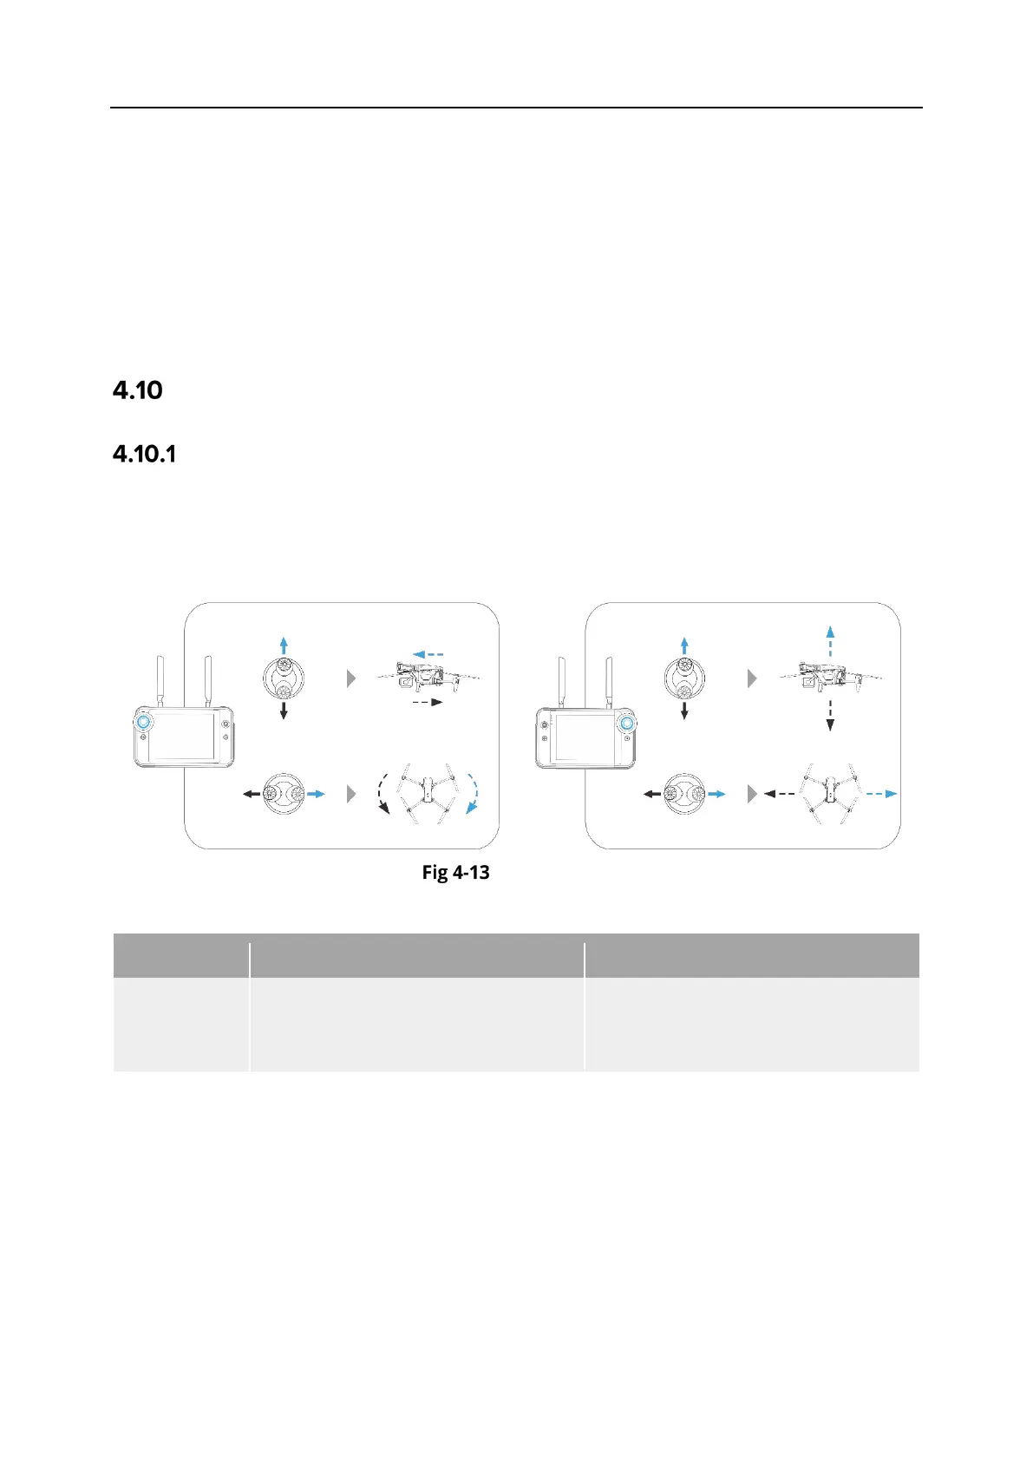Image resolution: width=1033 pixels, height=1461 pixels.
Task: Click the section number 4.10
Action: (x=138, y=390)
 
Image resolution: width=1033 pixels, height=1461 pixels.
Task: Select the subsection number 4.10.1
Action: (x=144, y=454)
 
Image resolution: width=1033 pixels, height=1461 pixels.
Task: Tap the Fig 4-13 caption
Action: (x=455, y=872)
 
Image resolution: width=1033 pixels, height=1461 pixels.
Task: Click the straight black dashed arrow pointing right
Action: (x=426, y=702)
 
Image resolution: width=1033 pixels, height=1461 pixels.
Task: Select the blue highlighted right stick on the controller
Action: (x=626, y=722)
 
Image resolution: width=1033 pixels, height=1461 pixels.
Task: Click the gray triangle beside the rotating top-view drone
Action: (x=351, y=793)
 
